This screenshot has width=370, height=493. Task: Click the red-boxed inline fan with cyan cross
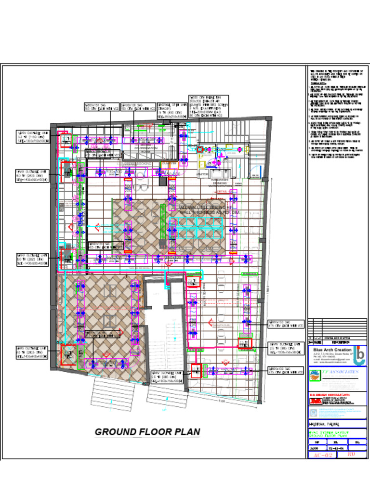(x=199, y=150)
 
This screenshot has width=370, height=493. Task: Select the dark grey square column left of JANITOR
(x=164, y=182)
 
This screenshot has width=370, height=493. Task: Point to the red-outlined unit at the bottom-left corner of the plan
(x=68, y=355)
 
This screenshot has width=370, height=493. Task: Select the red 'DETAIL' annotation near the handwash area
(x=222, y=192)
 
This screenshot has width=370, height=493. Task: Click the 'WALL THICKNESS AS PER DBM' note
(x=210, y=212)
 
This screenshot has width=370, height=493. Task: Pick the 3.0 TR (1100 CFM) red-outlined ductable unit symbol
(x=65, y=140)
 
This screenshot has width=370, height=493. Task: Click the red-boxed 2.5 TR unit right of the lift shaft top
(x=193, y=282)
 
